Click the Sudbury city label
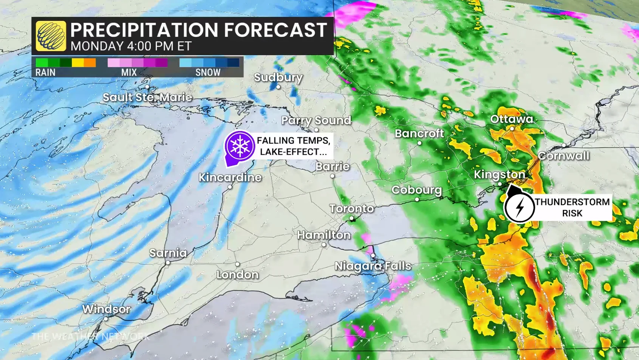click(x=278, y=78)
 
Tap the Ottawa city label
click(x=511, y=119)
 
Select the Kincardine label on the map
click(x=230, y=177)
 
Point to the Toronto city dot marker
click(x=352, y=218)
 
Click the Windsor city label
click(x=106, y=309)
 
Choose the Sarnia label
click(x=168, y=253)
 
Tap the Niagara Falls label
click(x=373, y=266)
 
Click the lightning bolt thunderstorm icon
click(x=520, y=208)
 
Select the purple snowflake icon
click(x=240, y=146)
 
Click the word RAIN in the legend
click(x=45, y=72)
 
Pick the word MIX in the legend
click(x=129, y=72)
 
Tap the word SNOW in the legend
click(x=208, y=72)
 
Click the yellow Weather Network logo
click(x=51, y=36)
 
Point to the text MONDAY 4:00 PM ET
click(x=131, y=46)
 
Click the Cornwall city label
click(x=563, y=156)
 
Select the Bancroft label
click(x=419, y=133)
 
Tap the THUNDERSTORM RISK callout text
click(x=572, y=208)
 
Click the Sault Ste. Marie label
click(x=147, y=98)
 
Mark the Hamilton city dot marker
click(x=324, y=245)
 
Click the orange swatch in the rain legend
click(x=90, y=62)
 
